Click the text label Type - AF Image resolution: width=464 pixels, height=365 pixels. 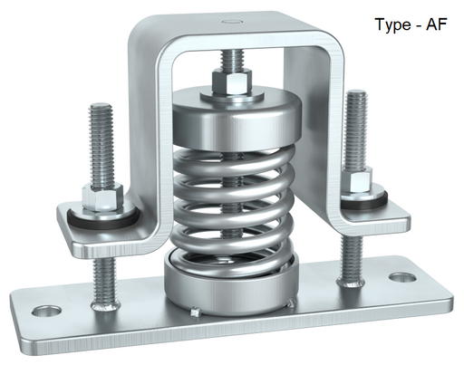pyautogui.click(x=411, y=24)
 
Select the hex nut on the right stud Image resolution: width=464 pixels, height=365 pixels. pyautogui.click(x=358, y=179)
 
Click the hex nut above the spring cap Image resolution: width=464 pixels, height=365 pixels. pyautogui.click(x=232, y=82)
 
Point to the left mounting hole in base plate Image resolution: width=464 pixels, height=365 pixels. pyautogui.click(x=47, y=311)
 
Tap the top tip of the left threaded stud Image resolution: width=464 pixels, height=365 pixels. pyautogui.click(x=101, y=104)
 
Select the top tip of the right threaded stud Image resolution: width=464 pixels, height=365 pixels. pyautogui.click(x=357, y=91)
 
